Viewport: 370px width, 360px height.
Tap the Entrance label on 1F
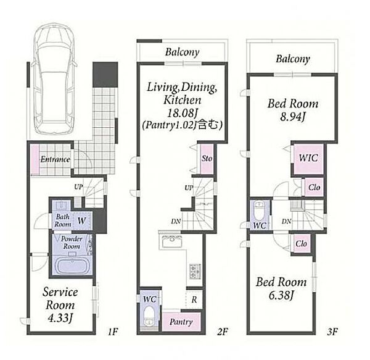coord(55,159)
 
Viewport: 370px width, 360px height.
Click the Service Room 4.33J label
coord(60,305)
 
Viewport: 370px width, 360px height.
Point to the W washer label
coord(81,221)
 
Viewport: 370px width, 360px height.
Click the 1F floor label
coord(113,332)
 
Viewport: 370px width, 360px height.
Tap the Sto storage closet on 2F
coord(207,159)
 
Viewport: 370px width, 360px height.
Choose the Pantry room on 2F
coord(181,322)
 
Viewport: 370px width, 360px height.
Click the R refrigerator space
coord(194,299)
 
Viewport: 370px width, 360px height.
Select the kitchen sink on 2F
coord(171,241)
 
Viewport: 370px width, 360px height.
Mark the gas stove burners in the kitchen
coord(195,271)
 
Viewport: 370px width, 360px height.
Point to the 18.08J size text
coord(182,113)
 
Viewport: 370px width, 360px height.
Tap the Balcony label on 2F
coord(182,52)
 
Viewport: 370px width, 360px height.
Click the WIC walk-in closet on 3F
coord(308,159)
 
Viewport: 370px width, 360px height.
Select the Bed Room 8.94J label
coord(293,110)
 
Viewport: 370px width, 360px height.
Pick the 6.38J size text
coord(281,295)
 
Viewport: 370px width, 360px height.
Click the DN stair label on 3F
coord(286,222)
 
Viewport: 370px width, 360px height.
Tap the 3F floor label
coord(332,332)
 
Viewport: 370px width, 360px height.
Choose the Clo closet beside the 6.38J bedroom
coord(302,243)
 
